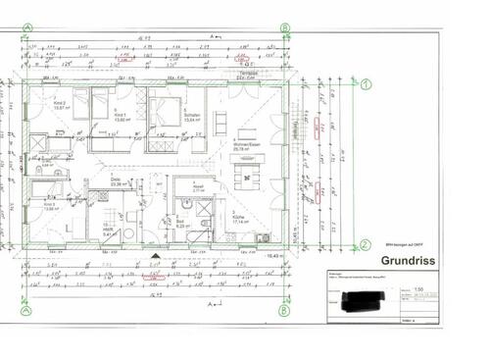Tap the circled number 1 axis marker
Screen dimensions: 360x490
[365, 85]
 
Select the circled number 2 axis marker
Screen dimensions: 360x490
[365, 246]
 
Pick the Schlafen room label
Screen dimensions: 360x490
[192, 116]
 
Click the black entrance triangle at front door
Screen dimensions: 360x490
[155, 257]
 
